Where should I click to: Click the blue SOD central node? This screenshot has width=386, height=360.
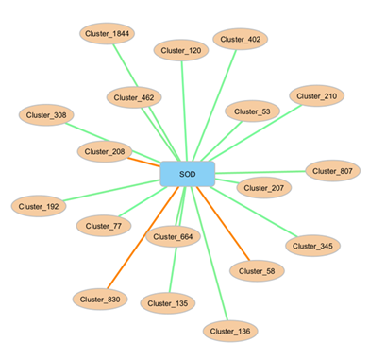(x=187, y=174)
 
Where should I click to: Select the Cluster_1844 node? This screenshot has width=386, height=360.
(x=106, y=34)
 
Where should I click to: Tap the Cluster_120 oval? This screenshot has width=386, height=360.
(x=181, y=50)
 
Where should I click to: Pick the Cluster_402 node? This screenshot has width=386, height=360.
(x=242, y=39)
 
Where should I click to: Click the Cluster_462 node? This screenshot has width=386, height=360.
(x=134, y=96)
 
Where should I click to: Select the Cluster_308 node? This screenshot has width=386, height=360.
(x=46, y=115)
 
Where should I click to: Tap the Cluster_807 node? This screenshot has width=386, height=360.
(x=333, y=171)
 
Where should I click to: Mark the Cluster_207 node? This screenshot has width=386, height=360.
(x=263, y=188)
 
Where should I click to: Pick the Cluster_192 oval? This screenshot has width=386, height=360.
(x=39, y=205)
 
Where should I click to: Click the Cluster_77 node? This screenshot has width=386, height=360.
(x=103, y=226)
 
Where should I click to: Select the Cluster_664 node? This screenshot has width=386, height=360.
(x=173, y=236)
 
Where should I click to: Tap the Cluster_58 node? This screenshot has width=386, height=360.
(x=257, y=270)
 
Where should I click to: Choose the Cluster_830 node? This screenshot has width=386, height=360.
(x=100, y=299)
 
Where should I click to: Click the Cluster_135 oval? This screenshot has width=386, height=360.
(x=167, y=303)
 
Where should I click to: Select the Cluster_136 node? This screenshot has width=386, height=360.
(x=230, y=331)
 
